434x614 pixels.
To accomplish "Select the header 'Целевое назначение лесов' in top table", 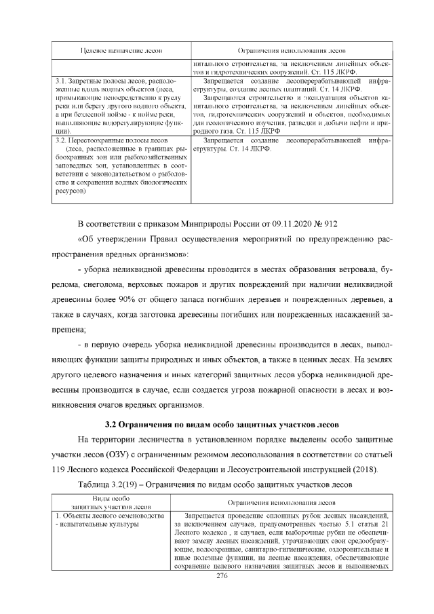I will point(120,51).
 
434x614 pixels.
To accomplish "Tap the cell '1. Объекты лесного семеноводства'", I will point(108,516).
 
